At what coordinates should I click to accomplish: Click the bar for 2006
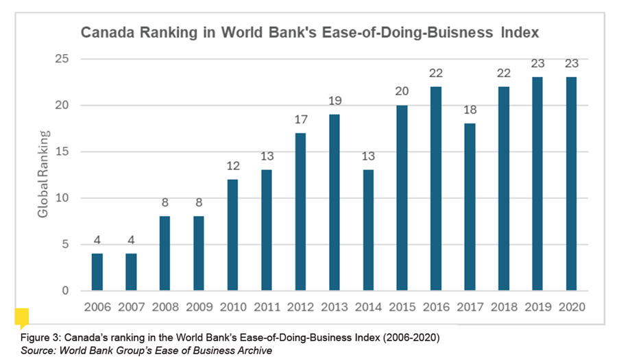[97, 272]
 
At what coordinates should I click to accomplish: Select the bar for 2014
[368, 230]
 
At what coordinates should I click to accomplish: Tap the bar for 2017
[470, 207]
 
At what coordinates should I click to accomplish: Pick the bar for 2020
[571, 184]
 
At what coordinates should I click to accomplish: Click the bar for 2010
[232, 235]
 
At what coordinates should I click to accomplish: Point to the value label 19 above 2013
[335, 101]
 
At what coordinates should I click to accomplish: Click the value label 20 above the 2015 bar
[402, 92]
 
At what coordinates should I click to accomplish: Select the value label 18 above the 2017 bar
[470, 110]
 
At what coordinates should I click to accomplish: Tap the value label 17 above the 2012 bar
[301, 119]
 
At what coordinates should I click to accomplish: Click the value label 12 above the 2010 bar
[233, 166]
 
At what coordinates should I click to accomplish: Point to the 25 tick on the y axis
[62, 59]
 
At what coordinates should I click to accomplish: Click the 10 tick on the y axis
[62, 197]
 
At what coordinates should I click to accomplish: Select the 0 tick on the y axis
[65, 291]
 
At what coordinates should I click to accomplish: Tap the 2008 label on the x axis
[165, 307]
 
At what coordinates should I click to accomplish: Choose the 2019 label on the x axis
[537, 307]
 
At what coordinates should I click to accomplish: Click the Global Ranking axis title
[43, 173]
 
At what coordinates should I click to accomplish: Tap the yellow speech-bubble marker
[22, 317]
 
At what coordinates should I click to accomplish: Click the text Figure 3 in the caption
[40, 338]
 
